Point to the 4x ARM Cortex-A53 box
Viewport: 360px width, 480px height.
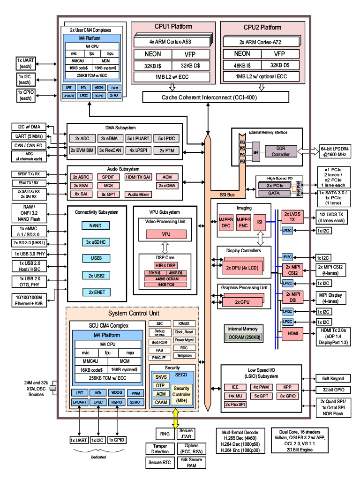pos(171,41)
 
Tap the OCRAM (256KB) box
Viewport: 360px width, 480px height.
pos(243,337)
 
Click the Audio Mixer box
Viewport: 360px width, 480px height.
pos(138,194)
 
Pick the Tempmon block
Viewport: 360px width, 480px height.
pos(185,355)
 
